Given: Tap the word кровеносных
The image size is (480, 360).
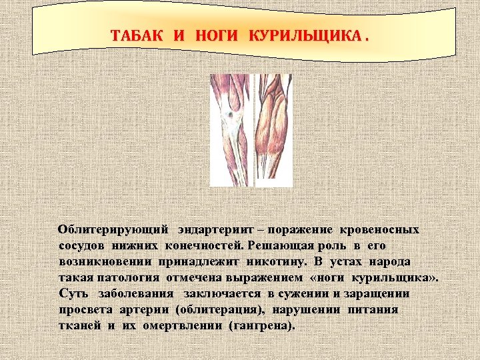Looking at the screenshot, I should (379, 230).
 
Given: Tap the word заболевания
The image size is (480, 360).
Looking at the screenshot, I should (136, 294).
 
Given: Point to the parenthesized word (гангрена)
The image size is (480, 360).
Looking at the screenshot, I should (261, 326).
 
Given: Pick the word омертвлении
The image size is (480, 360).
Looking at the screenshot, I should (177, 326).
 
